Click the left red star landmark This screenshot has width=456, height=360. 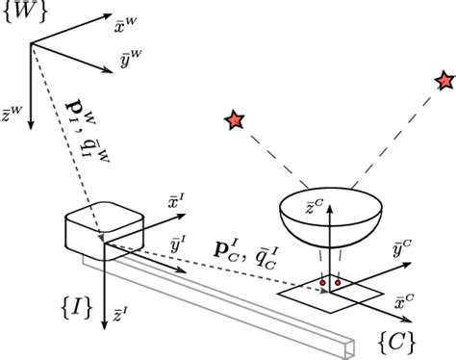pyautogui.click(x=233, y=120)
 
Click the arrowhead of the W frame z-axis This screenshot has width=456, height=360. pyautogui.click(x=32, y=124)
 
